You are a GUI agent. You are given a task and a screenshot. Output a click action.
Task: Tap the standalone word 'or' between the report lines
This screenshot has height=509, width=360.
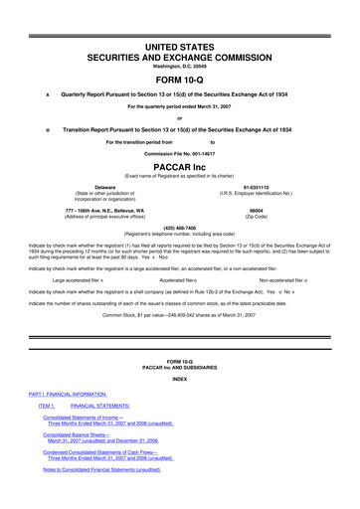tap(180, 118)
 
